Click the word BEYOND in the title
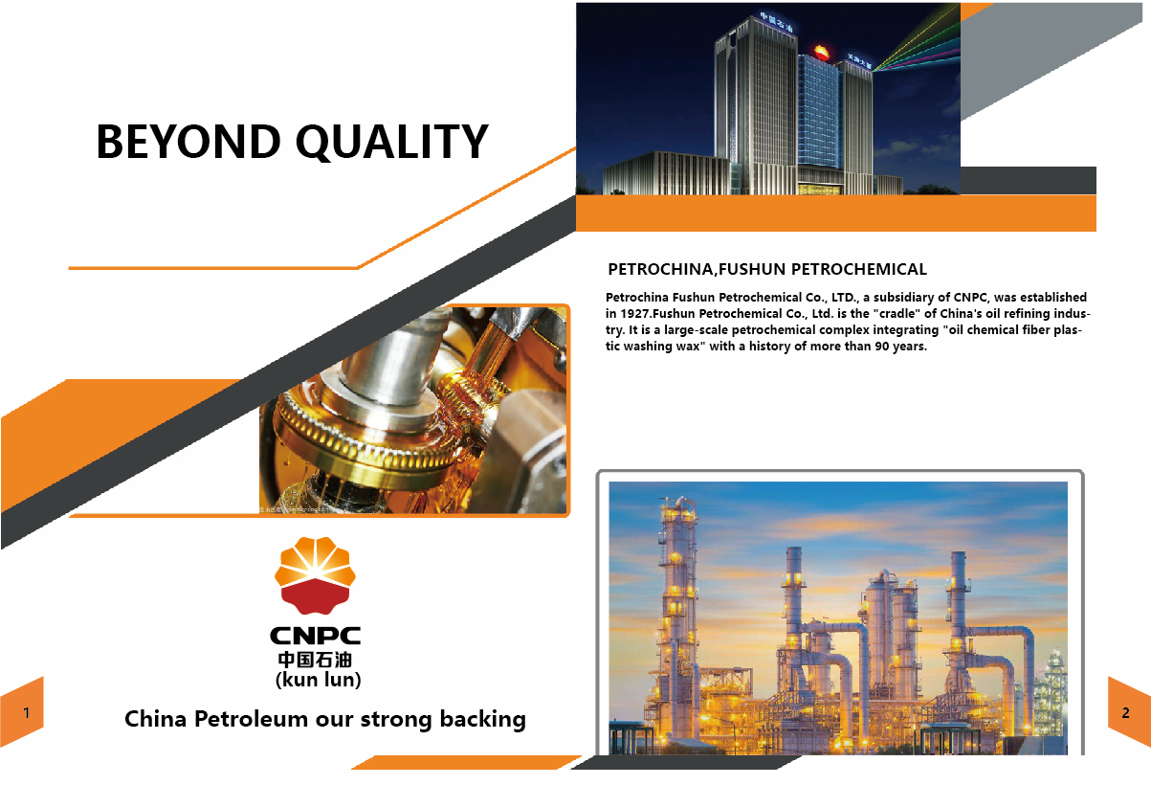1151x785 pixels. (188, 142)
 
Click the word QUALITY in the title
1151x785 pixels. (392, 143)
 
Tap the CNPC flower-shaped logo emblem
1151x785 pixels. (315, 575)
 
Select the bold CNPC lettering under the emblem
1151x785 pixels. (315, 636)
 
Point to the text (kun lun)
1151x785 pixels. (318, 680)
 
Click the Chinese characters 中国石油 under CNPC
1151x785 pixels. (315, 660)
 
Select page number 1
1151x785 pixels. (26, 712)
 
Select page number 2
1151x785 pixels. (1125, 712)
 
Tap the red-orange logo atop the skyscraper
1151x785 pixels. (821, 52)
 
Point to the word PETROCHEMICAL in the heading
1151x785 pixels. (858, 269)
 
